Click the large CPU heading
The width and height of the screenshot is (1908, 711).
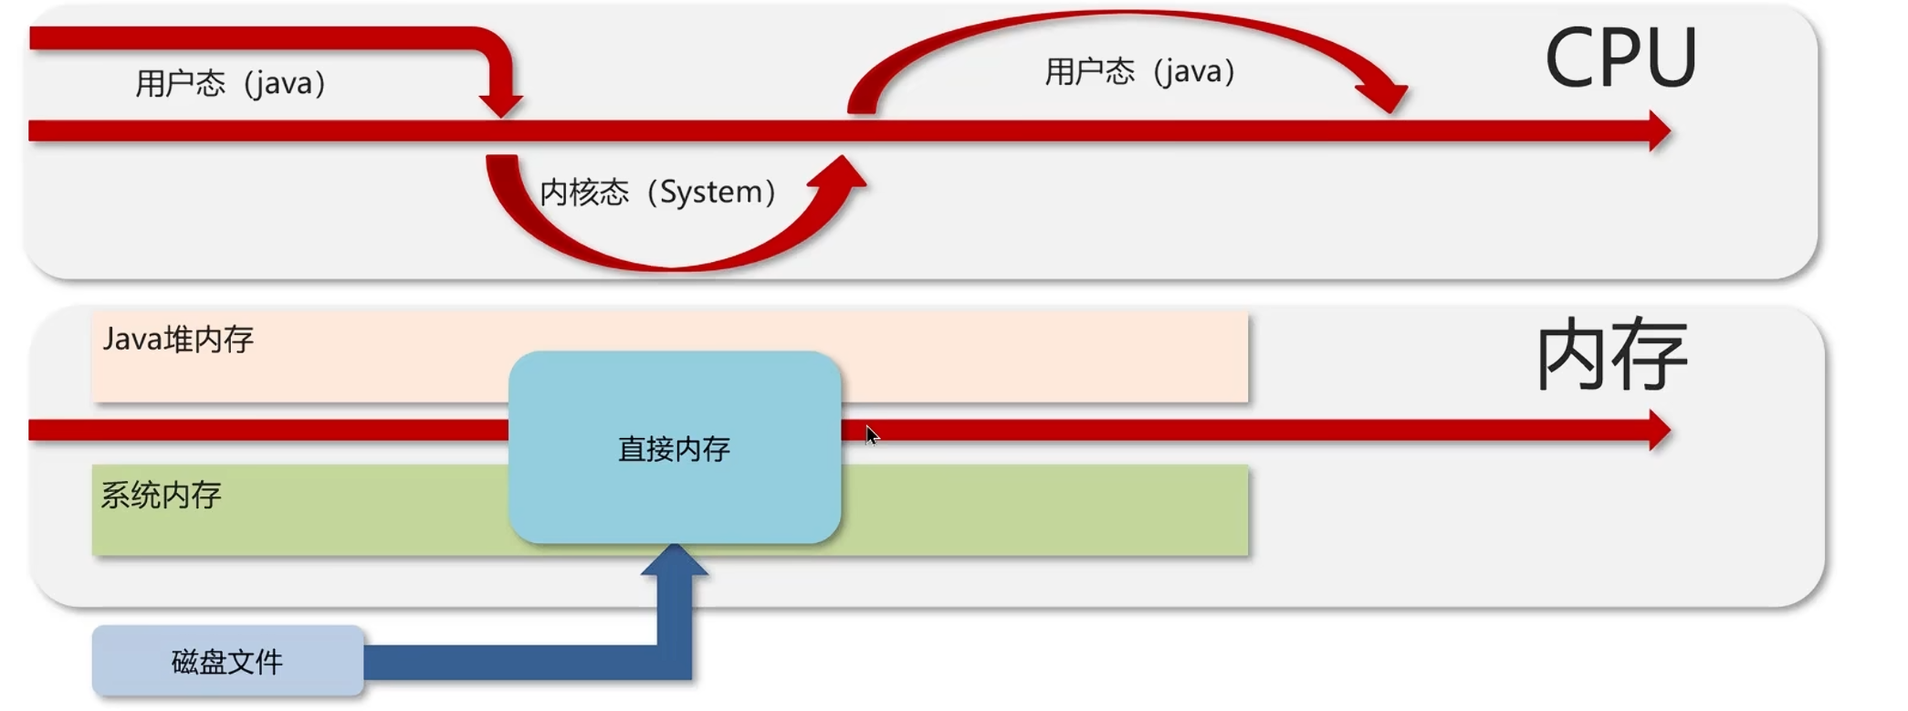[1620, 58]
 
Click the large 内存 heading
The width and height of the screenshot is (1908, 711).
[1612, 355]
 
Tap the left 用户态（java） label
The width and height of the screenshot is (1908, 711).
[231, 84]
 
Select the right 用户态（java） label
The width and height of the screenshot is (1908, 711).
[1140, 71]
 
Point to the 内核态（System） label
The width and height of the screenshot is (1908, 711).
[658, 193]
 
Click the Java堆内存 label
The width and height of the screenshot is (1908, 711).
[178, 340]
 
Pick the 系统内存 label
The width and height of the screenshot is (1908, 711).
[161, 496]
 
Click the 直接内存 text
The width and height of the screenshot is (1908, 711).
[674, 449]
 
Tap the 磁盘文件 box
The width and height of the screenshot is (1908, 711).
[227, 662]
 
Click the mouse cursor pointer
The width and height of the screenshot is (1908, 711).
[871, 435]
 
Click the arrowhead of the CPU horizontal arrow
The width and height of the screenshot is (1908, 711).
[1659, 131]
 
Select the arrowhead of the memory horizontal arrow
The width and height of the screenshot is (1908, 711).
[1659, 431]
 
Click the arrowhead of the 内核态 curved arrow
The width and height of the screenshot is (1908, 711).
[842, 173]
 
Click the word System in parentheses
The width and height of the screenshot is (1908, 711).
[711, 193]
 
